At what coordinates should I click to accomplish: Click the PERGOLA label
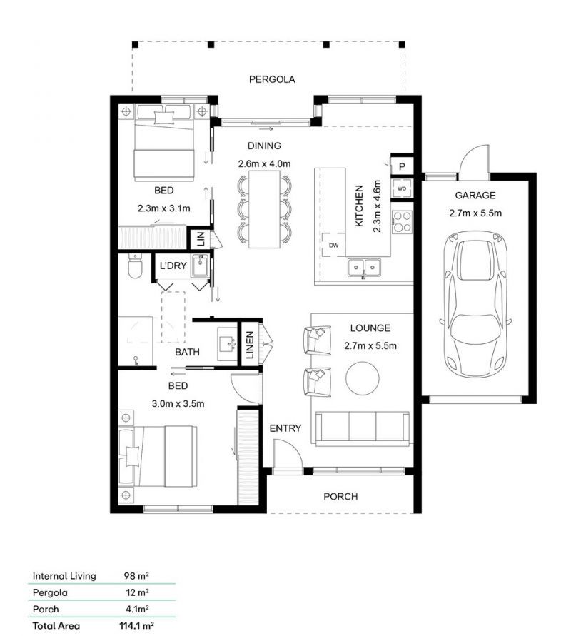coord(272,79)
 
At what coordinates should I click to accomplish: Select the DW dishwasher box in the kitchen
coord(334,245)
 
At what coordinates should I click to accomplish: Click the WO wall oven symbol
coord(401,188)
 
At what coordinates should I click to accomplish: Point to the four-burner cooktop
coord(402,222)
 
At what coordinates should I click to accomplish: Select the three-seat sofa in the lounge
coord(362,428)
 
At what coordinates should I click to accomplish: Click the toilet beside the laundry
coord(135,266)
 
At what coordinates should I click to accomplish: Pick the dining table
coord(264,209)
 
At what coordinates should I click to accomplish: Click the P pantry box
coord(402,166)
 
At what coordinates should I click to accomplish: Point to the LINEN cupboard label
coord(250,345)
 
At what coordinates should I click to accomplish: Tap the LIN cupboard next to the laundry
coord(201,238)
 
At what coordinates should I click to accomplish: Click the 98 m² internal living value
coord(136,575)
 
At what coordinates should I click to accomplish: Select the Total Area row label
coord(56,625)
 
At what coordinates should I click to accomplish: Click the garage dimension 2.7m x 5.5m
coord(475,213)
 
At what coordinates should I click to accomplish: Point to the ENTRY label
coord(285,428)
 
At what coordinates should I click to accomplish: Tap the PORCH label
coord(340,497)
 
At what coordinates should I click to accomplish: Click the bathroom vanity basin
coord(227,344)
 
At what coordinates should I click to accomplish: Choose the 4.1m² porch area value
coord(137,609)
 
